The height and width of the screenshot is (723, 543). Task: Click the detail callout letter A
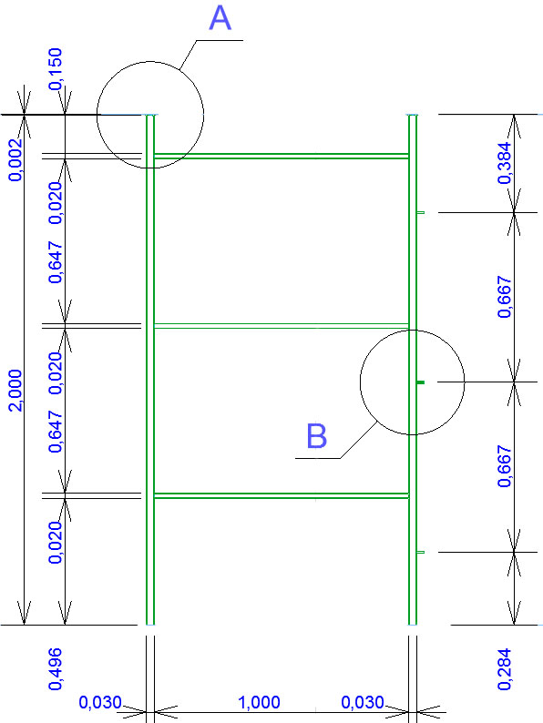(220, 19)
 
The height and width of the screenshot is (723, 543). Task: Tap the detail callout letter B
(317, 436)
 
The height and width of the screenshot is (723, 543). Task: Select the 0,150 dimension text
(56, 68)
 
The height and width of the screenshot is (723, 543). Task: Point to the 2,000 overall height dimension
(15, 390)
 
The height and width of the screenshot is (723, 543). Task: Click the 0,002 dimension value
(15, 159)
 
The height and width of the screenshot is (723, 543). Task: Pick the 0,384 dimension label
(504, 163)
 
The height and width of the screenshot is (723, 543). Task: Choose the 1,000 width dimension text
(259, 702)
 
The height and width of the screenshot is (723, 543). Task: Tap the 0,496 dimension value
(56, 669)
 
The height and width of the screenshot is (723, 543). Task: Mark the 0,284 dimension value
(504, 669)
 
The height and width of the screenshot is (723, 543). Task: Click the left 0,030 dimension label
(100, 702)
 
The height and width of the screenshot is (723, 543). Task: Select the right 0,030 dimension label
(363, 702)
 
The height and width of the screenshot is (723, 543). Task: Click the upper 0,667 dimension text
(504, 297)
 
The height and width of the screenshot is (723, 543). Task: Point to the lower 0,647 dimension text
(56, 432)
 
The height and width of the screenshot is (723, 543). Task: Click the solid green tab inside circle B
(420, 382)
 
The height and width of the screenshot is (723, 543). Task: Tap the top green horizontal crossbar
(282, 156)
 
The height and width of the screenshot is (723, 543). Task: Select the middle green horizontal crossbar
(282, 326)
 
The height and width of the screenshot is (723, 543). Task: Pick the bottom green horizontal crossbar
(282, 495)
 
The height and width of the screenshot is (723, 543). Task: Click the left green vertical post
(150, 370)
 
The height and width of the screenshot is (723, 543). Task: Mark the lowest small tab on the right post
(420, 552)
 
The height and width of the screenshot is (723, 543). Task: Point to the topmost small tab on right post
(420, 212)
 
